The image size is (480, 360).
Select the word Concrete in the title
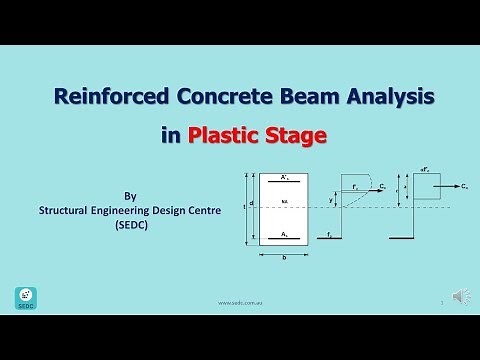(216, 98)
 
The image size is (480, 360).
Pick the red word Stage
(296, 135)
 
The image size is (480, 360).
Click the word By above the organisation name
(128, 197)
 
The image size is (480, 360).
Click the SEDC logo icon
(25, 297)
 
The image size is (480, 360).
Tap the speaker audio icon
(459, 297)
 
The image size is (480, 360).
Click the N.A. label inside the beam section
(285, 202)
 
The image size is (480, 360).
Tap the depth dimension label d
(251, 203)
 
